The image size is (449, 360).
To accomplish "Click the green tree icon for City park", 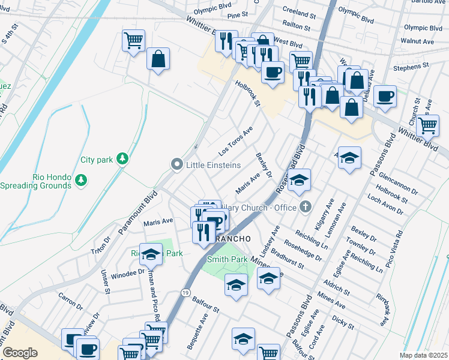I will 123,158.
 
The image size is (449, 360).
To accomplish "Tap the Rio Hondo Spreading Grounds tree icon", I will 81,179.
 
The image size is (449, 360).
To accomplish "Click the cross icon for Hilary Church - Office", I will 306,208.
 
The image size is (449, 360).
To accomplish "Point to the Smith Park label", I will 228,260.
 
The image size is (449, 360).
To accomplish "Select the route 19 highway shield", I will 185,292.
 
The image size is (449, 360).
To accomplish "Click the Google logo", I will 20,353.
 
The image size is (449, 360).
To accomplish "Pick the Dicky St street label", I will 342,322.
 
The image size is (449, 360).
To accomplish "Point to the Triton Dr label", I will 101,244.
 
